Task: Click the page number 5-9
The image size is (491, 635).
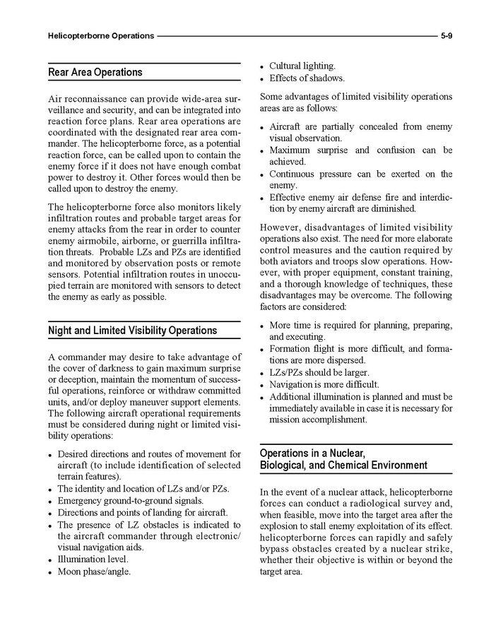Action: tap(446, 35)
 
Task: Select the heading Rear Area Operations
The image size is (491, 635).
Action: tap(95, 72)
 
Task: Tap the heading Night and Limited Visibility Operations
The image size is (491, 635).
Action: tap(132, 331)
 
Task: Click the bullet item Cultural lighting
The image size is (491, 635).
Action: tap(302, 66)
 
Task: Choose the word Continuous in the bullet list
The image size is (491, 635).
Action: tap(292, 174)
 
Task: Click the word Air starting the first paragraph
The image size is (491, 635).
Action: tap(55, 100)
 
